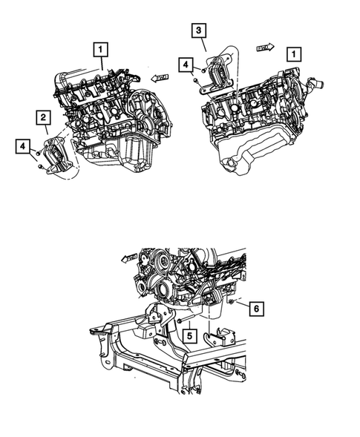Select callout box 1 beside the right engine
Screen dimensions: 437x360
click(295, 54)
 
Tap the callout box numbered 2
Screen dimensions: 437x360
click(44, 117)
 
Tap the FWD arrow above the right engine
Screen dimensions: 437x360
click(265, 46)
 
